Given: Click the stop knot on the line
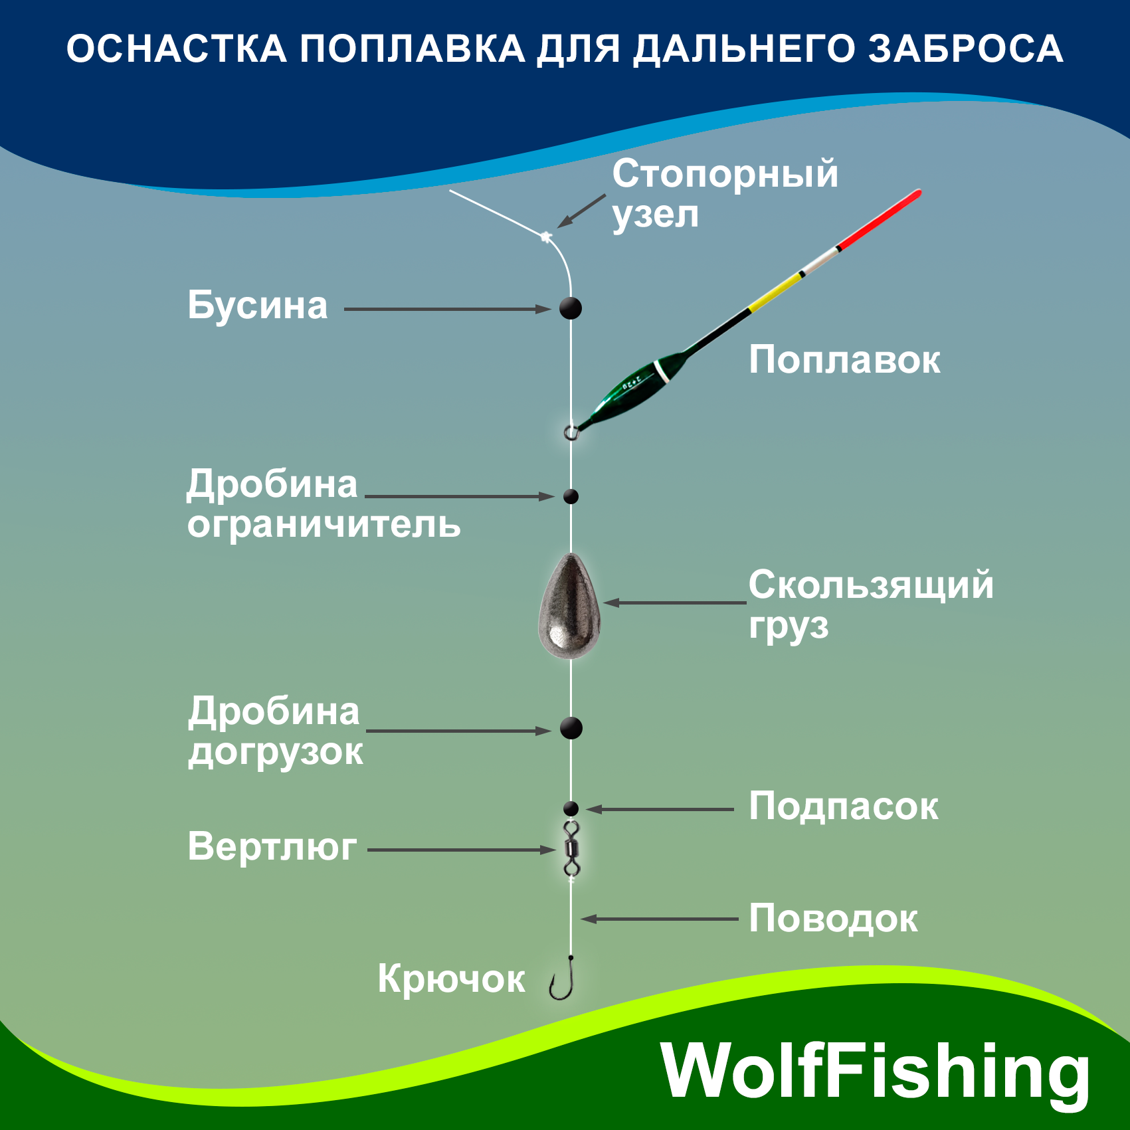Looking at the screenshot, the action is point(546,236).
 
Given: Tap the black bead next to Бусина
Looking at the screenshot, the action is point(570,308).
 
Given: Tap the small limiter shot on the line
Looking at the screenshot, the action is point(571,496).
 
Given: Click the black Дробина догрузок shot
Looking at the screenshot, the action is point(571,728).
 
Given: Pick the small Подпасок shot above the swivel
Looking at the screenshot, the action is point(571,808).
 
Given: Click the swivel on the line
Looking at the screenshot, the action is point(571,848).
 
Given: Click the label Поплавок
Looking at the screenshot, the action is point(844,360).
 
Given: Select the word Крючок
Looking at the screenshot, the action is point(451,979).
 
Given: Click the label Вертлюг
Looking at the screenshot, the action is point(272,847).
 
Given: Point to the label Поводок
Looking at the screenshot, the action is point(833,919).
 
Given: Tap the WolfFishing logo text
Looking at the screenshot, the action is point(876,1072).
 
